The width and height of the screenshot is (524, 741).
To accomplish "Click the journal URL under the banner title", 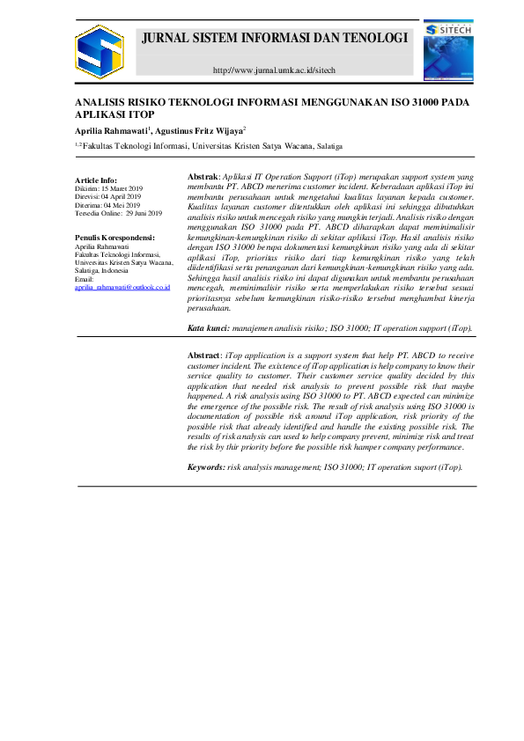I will coord(275,70).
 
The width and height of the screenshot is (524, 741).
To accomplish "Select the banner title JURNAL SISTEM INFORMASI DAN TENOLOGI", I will coord(275,39).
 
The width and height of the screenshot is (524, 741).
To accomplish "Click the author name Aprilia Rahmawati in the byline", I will coord(111,130).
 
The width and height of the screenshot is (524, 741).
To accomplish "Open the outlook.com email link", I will coord(110,288).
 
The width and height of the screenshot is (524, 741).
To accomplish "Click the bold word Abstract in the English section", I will coord(206,355).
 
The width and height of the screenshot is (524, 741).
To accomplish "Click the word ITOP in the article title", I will coord(140,115).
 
